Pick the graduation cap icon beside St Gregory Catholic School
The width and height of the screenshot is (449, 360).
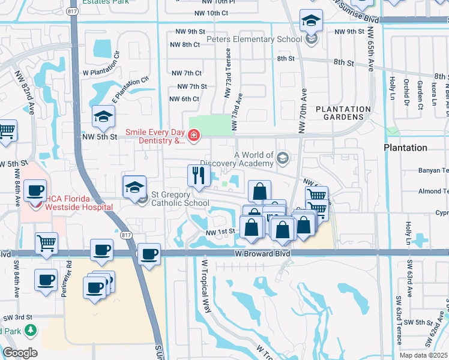click(134, 187)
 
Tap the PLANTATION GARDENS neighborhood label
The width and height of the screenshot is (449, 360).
click(343, 113)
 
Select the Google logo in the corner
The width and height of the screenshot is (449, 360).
click(20, 352)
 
